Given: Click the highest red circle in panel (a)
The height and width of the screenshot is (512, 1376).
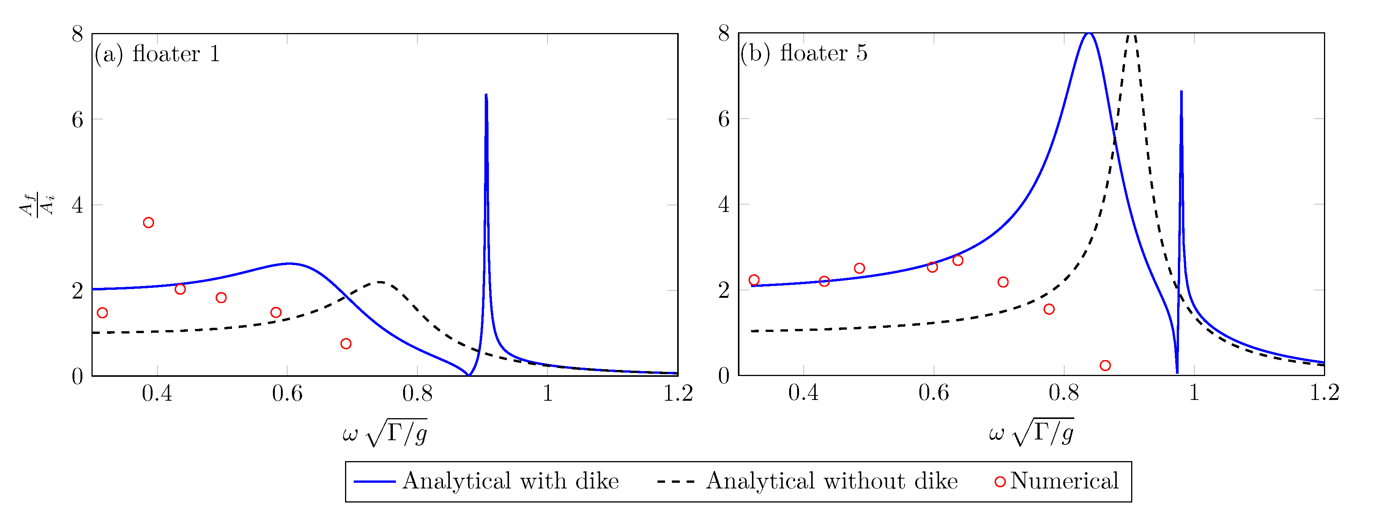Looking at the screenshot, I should pyautogui.click(x=148, y=222).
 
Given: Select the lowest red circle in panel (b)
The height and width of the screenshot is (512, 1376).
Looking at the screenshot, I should pyautogui.click(x=1105, y=365).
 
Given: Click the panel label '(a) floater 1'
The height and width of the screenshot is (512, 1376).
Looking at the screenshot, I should pyautogui.click(x=158, y=54).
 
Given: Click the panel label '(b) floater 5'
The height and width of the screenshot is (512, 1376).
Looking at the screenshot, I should pyautogui.click(x=804, y=53).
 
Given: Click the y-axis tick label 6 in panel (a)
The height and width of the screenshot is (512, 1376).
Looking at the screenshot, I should pyautogui.click(x=77, y=119).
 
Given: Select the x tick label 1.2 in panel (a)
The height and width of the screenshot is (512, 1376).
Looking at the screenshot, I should pyautogui.click(x=677, y=393).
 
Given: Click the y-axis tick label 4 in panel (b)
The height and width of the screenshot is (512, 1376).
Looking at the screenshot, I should pyautogui.click(x=724, y=204).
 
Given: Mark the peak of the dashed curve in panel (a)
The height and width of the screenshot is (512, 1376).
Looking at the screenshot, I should pyautogui.click(x=379, y=282).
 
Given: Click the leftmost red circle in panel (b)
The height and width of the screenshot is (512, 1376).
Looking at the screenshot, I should pyautogui.click(x=754, y=280).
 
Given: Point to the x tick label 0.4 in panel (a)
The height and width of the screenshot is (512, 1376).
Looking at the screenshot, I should pyautogui.click(x=157, y=393).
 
